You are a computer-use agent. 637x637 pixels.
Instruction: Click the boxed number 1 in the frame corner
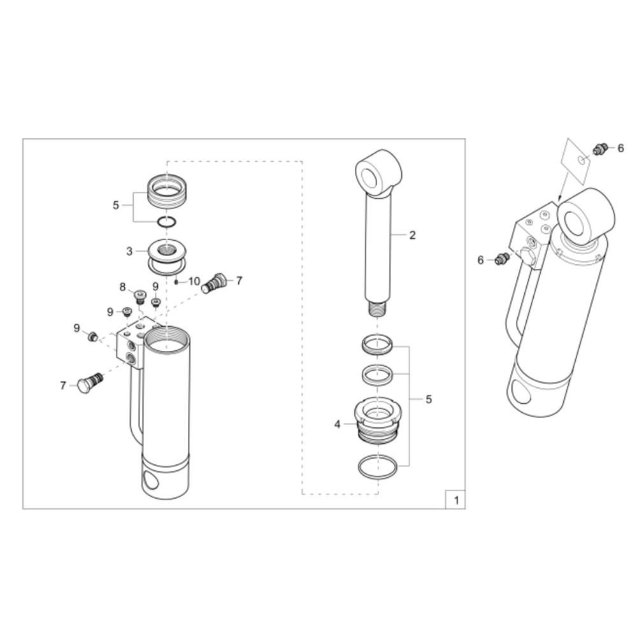coord(456,500)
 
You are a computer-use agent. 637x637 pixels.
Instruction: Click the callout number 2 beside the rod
coord(412,235)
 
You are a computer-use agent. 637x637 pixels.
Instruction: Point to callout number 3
coord(129,252)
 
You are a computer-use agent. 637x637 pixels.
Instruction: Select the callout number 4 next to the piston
coord(338,424)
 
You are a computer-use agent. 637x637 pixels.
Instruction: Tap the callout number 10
coord(194,281)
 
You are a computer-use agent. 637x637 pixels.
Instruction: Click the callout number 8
coord(123,287)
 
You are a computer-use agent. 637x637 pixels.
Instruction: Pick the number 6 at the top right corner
coord(620,148)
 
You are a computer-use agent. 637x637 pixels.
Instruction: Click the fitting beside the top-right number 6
coord(601,148)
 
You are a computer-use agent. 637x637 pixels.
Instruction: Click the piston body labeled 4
coord(378,420)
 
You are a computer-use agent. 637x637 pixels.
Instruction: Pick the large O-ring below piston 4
coord(377,467)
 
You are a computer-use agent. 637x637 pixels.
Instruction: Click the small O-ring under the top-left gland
coord(167,222)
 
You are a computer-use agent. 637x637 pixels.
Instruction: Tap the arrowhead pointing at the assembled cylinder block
coord(559,199)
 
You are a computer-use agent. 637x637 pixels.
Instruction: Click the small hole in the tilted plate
coord(582,161)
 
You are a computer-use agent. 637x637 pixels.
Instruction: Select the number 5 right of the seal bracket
coord(429,399)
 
